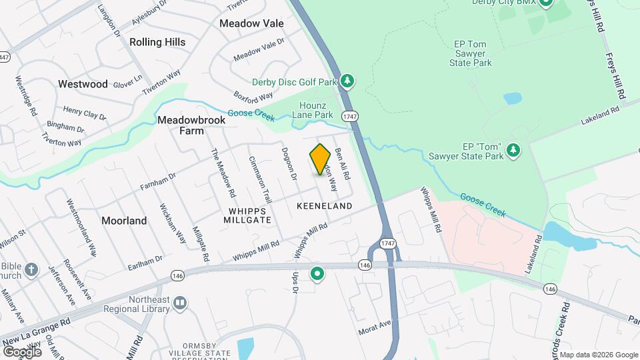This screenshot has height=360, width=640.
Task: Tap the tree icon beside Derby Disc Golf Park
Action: [347, 81]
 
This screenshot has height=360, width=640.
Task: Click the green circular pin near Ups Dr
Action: [318, 274]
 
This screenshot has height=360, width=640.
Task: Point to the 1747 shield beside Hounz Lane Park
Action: [351, 116]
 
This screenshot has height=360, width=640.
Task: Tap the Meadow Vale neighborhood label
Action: [251, 23]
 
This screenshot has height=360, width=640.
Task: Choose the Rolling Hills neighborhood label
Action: [157, 42]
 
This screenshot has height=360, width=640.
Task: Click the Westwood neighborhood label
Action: [83, 84]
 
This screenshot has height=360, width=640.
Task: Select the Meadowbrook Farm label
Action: [181, 125]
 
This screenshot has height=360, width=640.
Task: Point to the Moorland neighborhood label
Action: [124, 220]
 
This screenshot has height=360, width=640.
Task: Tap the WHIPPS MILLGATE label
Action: [247, 215]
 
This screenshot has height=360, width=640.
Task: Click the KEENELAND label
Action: [324, 206]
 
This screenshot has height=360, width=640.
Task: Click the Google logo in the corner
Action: [22, 351]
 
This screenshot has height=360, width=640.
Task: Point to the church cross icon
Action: [30, 270]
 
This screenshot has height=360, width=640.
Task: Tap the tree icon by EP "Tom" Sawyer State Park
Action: [513, 151]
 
